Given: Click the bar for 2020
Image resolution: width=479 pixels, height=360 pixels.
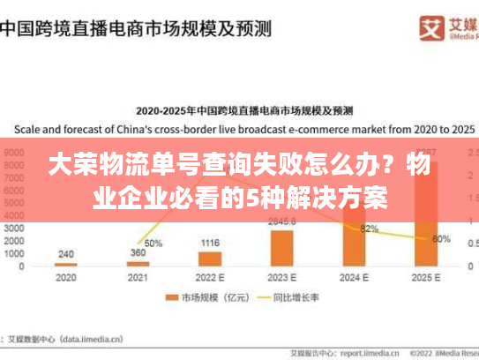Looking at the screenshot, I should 65,264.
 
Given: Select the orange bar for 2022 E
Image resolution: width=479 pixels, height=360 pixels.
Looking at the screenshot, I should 210,259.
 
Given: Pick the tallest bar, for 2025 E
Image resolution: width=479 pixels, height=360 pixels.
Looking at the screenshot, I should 426,221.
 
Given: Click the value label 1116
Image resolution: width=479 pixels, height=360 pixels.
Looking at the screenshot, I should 210,243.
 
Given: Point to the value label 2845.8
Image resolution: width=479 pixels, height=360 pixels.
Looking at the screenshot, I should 282,221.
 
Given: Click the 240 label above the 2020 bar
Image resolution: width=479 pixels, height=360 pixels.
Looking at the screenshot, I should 65,253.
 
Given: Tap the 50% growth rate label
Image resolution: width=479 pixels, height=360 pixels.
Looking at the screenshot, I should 153,244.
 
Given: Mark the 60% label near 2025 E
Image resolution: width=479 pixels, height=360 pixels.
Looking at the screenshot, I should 441,239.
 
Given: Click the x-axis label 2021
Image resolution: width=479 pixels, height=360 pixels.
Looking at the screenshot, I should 138,279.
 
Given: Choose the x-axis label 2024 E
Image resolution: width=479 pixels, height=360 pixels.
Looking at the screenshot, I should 355,279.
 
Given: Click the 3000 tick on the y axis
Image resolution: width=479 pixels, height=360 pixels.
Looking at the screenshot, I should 15,228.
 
